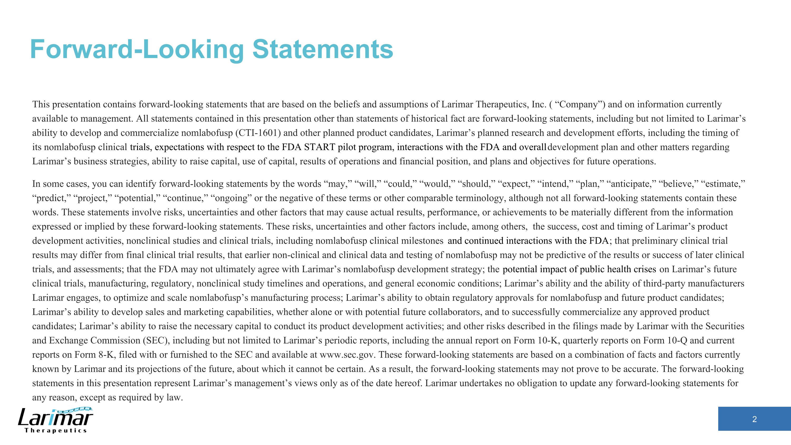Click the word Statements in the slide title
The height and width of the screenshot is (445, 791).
(x=322, y=49)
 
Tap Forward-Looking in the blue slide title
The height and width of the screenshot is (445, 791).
(x=137, y=49)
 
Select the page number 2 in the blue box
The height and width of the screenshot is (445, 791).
(x=754, y=419)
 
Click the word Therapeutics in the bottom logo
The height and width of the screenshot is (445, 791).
(x=56, y=430)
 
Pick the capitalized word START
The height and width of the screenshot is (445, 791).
(x=319, y=147)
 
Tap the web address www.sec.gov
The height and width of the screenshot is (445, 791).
(x=347, y=355)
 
